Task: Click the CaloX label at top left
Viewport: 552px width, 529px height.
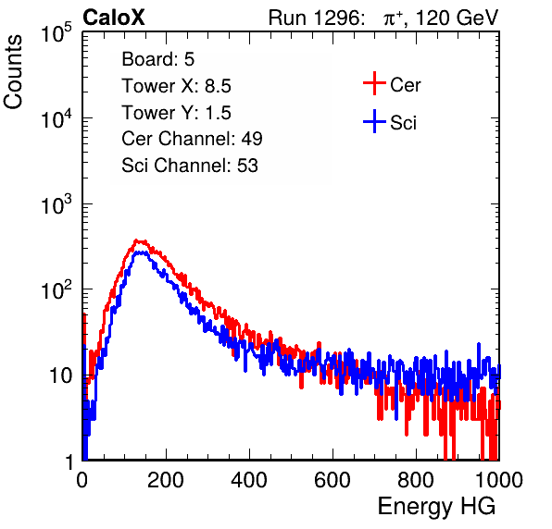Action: coord(114,18)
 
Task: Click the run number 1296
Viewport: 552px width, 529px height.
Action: coord(338,18)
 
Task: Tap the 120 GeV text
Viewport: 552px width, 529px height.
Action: coord(458,18)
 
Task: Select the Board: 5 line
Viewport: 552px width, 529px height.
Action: coord(158,59)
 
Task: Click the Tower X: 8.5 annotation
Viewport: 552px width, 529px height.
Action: coord(176,86)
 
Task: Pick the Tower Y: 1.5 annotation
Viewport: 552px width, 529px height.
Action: coord(176,113)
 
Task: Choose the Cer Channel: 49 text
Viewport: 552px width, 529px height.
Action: coord(192,139)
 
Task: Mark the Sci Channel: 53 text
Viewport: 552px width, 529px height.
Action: coord(190,166)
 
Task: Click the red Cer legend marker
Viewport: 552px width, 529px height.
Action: coord(374,83)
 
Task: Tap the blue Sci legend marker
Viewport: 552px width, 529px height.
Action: coord(374,121)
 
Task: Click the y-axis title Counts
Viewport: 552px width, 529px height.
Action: coord(13,72)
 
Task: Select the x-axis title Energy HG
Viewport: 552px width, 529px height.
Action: coord(436,507)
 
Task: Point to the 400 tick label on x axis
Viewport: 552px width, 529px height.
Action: coord(249,480)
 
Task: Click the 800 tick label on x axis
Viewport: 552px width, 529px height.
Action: coord(416,480)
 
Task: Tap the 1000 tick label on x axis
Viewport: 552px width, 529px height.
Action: coord(499,480)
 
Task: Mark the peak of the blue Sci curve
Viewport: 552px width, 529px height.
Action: coord(141,252)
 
